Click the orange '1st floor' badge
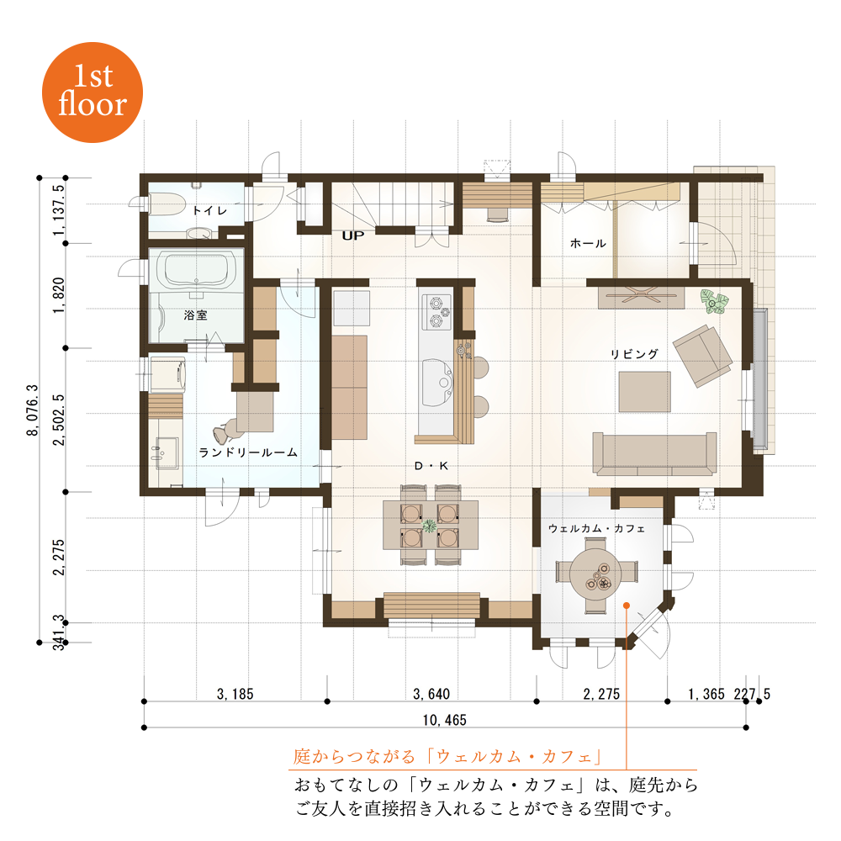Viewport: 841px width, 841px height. tap(93, 93)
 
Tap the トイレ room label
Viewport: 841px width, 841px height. tap(209, 210)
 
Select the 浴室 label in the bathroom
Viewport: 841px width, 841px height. tap(195, 315)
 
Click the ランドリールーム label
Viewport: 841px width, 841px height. tap(248, 452)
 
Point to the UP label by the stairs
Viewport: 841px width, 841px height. tap(353, 235)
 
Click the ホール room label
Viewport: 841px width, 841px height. tap(588, 244)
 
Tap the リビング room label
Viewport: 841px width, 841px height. tap(634, 354)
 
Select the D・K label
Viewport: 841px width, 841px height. tap(431, 466)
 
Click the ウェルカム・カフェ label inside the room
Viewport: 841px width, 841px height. tap(596, 529)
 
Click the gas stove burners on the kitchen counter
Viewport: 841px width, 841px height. tap(438, 312)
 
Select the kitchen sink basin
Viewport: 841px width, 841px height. tap(438, 383)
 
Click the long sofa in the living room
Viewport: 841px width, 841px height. tap(654, 454)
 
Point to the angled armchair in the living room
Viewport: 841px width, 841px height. tap(702, 356)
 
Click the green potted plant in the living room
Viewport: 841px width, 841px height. tap(713, 302)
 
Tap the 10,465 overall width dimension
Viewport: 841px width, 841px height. tap(445, 720)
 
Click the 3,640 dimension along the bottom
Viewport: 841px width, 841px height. tap(431, 694)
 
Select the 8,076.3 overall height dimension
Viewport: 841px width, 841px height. tap(33, 410)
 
